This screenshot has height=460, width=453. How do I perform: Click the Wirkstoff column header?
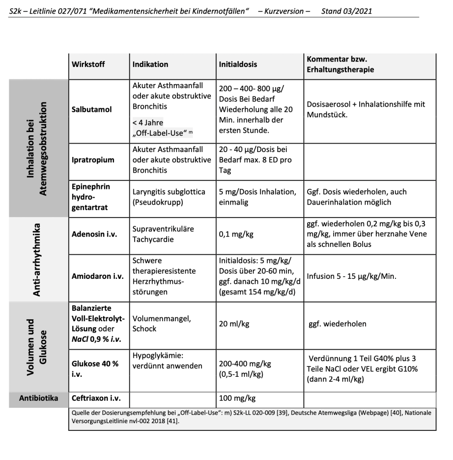pyautogui.click(x=88, y=64)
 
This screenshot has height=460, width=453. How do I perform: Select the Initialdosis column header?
pyautogui.click(x=238, y=64)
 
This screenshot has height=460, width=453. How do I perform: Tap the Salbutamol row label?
pyautogui.click(x=92, y=109)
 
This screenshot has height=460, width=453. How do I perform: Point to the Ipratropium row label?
pyautogui.click(x=93, y=160)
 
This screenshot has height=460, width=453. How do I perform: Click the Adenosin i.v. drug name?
pyautogui.click(x=94, y=234)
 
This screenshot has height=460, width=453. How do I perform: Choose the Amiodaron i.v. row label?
pyautogui.click(x=97, y=276)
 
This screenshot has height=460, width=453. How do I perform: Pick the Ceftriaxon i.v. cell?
pyautogui.click(x=96, y=398)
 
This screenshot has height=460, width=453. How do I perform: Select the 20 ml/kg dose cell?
pyautogui.click(x=234, y=324)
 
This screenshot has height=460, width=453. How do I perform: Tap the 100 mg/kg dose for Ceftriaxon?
pyautogui.click(x=237, y=398)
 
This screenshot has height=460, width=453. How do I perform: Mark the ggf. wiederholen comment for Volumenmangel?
pyautogui.click(x=338, y=324)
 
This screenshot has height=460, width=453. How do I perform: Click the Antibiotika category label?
pyautogui.click(x=39, y=398)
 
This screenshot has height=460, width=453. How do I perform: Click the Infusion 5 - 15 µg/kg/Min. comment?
pyautogui.click(x=352, y=276)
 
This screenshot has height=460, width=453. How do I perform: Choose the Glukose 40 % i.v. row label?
pyautogui.click(x=95, y=369)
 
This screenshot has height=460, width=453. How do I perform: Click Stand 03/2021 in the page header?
pyautogui.click(x=347, y=11)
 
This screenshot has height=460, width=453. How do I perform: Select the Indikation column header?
pyautogui.click(x=150, y=64)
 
